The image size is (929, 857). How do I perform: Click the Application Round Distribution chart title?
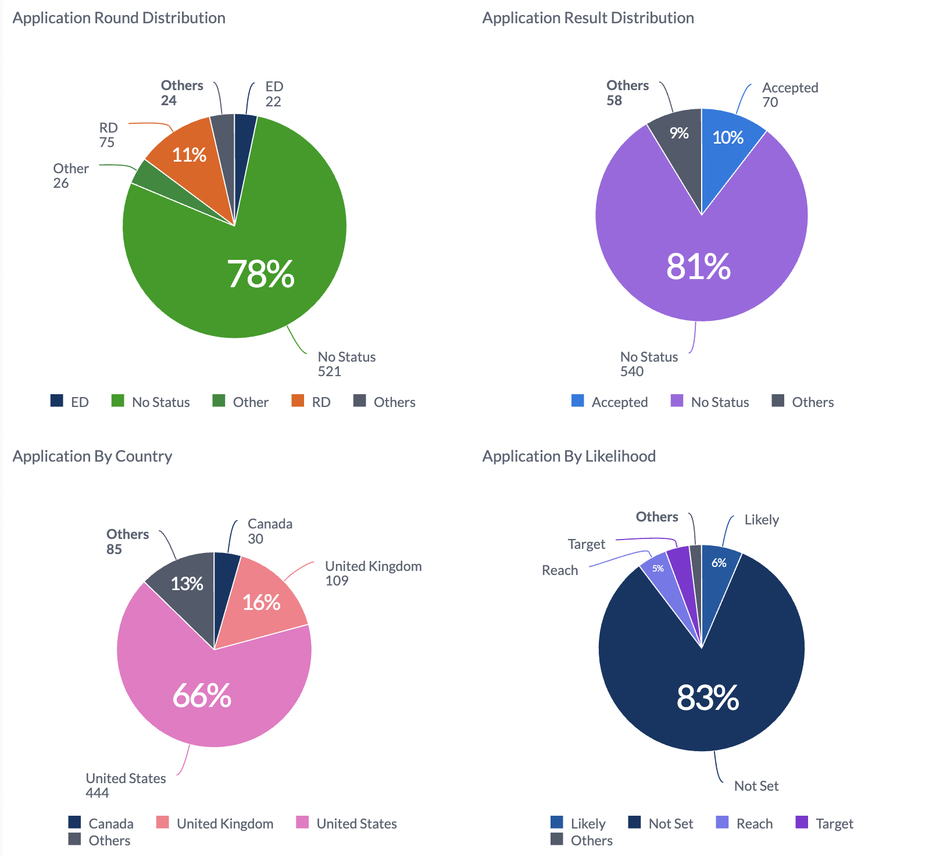(119, 18)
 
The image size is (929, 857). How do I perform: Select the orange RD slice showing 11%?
(189, 155)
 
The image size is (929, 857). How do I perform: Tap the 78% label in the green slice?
(260, 274)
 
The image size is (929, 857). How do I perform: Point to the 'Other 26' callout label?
(70, 176)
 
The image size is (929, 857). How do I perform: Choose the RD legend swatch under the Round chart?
(298, 401)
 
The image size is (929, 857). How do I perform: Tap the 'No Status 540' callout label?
(648, 364)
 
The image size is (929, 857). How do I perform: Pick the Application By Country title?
(92, 456)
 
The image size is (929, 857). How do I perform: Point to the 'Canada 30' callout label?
(269, 531)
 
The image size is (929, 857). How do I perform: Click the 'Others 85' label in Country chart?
(127, 541)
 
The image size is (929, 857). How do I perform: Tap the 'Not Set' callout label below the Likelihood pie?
(756, 786)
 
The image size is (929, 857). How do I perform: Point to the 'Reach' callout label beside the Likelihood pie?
(559, 570)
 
